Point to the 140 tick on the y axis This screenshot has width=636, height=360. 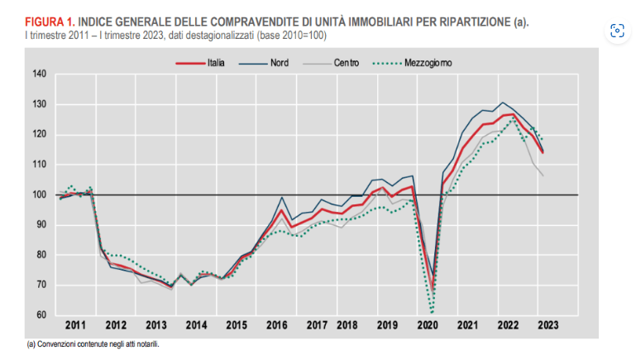tap(40, 74)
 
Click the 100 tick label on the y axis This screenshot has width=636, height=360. tap(40, 194)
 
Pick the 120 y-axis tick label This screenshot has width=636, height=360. tap(40, 134)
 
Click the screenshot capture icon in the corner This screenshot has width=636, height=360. tap(616, 31)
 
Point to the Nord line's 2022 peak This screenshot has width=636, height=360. tap(502, 103)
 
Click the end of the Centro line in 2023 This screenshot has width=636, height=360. tap(542, 176)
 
